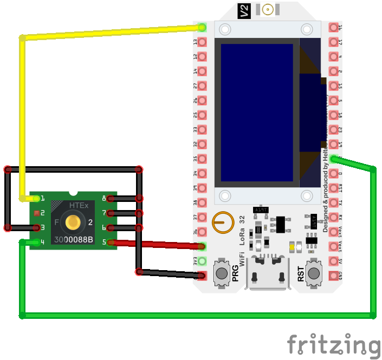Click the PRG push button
(222, 273)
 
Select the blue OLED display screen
(257, 113)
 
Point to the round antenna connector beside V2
(267, 10)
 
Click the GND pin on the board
(333, 276)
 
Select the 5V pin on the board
(333, 261)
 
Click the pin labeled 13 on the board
(202, 42)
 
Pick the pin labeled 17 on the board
(333, 42)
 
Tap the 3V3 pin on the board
(202, 261)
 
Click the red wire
(157, 245)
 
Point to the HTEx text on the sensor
(79, 206)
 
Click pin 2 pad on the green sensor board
(36, 213)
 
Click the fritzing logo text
(333, 345)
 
